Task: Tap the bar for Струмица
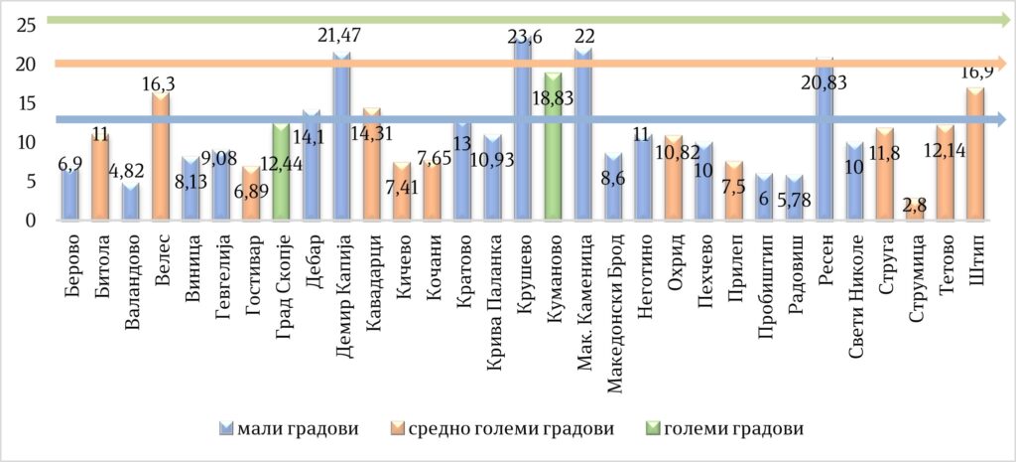pos(917,212)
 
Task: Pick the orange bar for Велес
pos(161,159)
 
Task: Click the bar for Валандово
pos(131,203)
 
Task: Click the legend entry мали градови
pos(289,429)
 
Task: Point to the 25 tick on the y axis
pos(30,24)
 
